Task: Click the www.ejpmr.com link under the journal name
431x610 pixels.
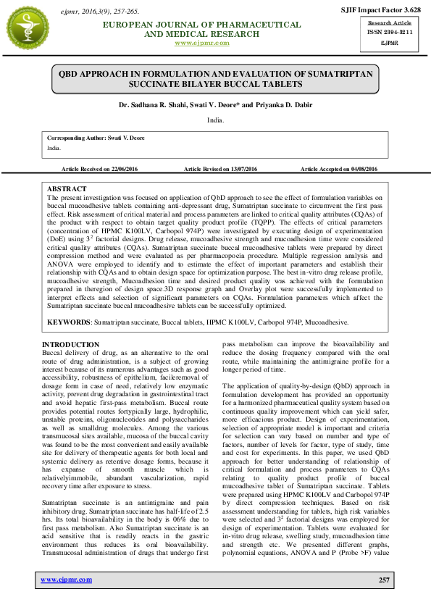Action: point(202,43)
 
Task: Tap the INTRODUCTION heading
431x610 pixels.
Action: point(70,344)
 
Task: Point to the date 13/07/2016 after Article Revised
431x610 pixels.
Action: point(243,169)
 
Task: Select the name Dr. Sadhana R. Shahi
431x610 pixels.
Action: point(150,105)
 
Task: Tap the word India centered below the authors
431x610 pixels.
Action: point(215,119)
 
